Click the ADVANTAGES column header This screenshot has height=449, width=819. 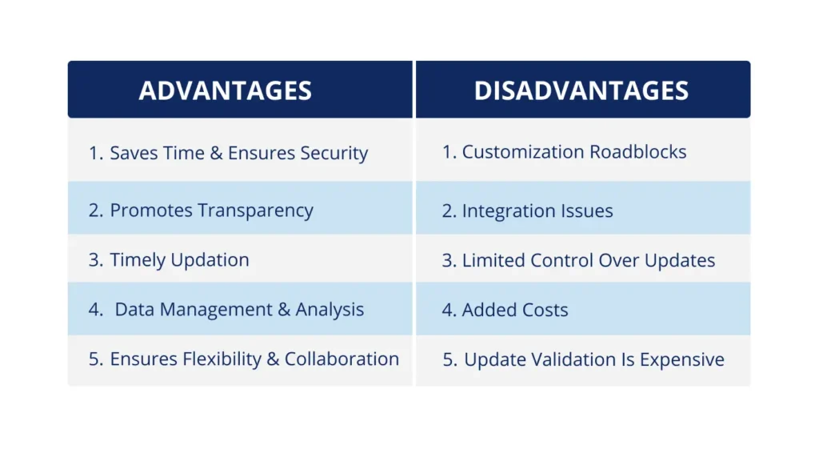point(225,90)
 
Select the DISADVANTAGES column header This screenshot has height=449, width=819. point(581,90)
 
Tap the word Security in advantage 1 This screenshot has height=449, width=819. point(333,154)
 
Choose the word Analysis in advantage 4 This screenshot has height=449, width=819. point(330,310)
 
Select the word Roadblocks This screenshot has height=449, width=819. point(637,152)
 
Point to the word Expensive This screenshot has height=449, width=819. point(684,360)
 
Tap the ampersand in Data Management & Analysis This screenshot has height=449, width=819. point(284,310)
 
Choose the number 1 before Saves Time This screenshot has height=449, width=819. point(94,154)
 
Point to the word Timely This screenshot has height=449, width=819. point(136,261)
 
